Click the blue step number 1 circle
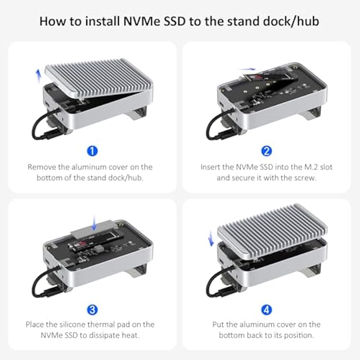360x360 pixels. (x=92, y=151)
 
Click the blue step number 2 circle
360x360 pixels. (x=266, y=151)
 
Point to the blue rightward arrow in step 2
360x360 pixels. (x=246, y=69)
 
